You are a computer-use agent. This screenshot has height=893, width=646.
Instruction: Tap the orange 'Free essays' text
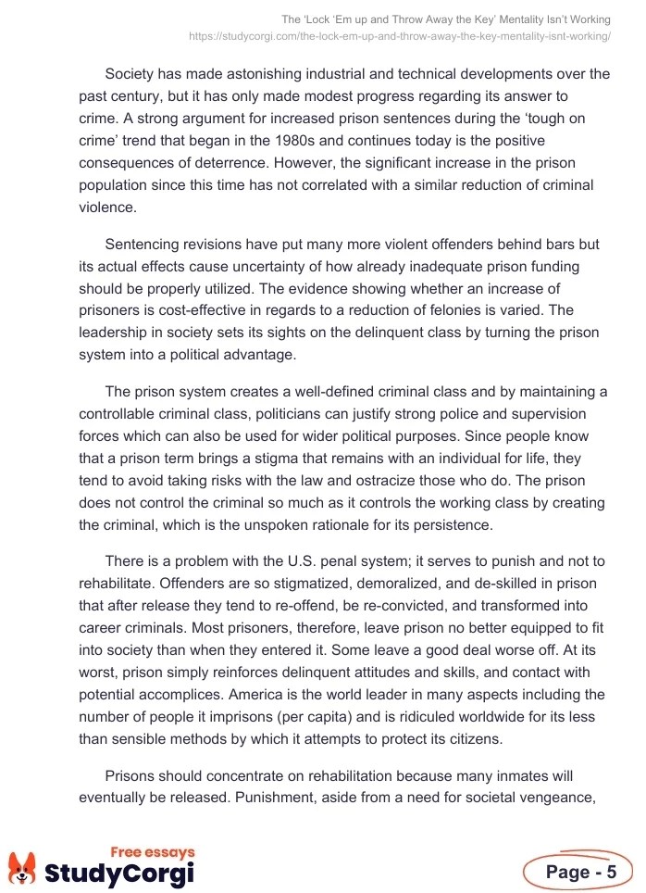point(153,852)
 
